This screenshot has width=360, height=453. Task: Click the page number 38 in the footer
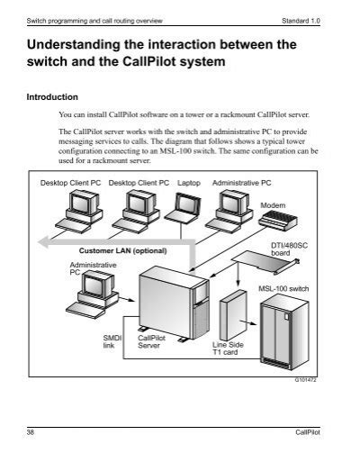tap(33, 433)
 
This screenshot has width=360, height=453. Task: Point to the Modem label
tap(272, 206)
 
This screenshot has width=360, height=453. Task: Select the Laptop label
tap(189, 182)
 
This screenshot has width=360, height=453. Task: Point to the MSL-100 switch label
tap(283, 288)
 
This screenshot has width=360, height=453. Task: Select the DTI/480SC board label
tap(286, 248)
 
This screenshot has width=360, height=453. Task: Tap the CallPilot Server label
tap(149, 340)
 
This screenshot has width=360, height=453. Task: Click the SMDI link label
tap(110, 340)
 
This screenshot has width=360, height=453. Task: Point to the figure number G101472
tap(306, 380)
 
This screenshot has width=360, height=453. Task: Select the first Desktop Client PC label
tap(71, 182)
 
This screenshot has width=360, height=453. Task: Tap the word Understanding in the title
tap(76, 44)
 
